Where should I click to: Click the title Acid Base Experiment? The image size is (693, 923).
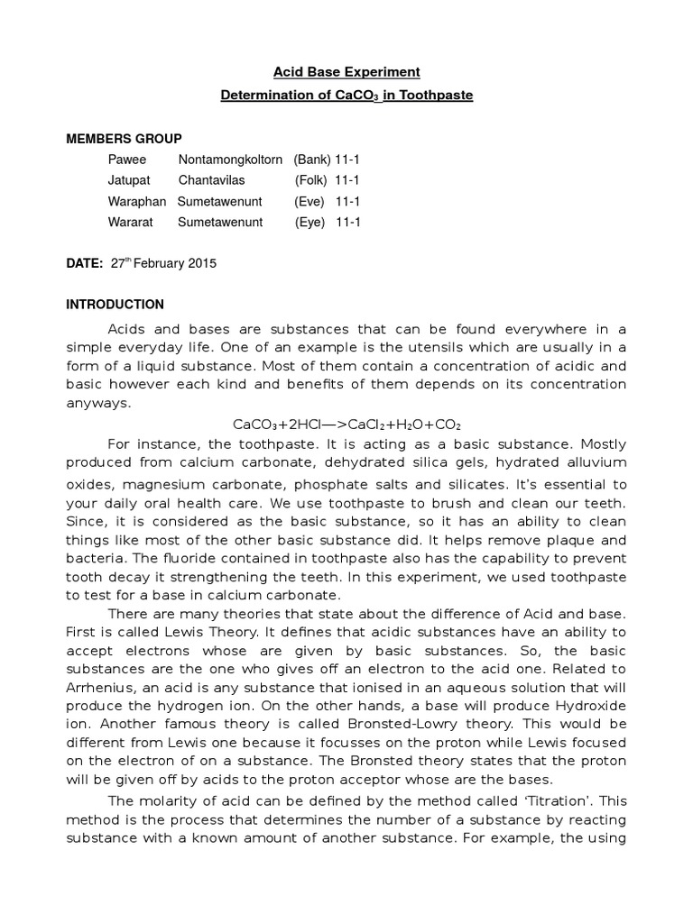click(347, 71)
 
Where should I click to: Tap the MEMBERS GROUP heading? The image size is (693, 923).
click(124, 139)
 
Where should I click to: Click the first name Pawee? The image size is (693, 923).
click(127, 160)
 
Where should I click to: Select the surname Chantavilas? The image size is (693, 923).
click(211, 180)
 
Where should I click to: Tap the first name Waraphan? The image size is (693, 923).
click(137, 201)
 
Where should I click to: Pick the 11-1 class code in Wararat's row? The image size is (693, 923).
click(347, 222)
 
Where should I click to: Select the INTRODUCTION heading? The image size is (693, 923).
click(115, 305)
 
